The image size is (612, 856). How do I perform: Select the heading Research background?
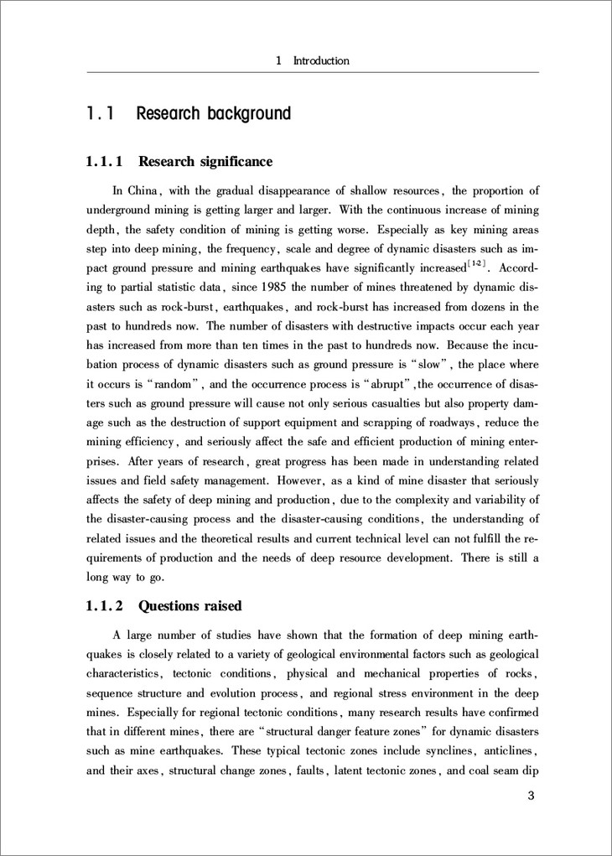click(213, 113)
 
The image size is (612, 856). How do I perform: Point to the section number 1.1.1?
click(105, 161)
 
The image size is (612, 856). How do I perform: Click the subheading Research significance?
click(205, 161)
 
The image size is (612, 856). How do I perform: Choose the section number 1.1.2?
click(105, 605)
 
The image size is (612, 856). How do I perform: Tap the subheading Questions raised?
click(189, 605)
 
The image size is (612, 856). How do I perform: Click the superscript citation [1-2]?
click(479, 266)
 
